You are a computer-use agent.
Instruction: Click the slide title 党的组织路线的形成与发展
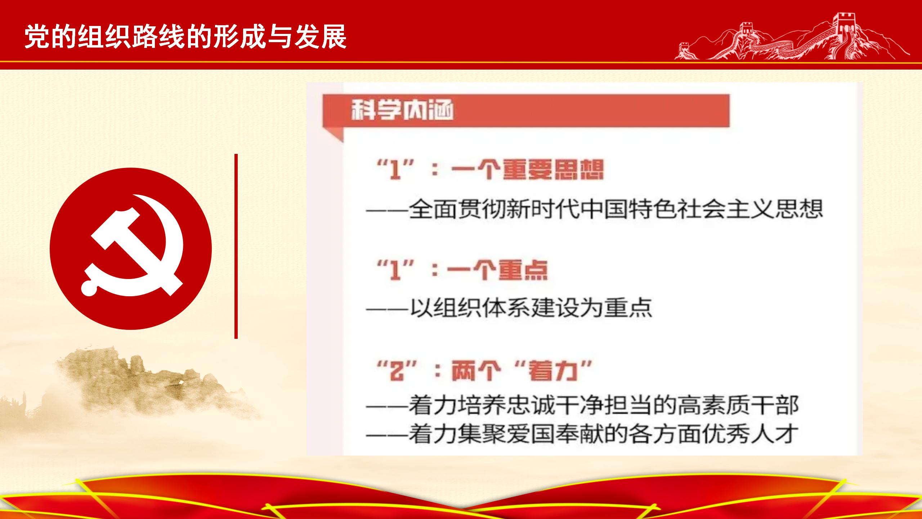pos(185,36)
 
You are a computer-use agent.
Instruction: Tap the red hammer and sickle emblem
pos(131,248)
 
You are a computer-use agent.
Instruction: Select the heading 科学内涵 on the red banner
pos(402,110)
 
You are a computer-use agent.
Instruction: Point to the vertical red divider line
pos(236,246)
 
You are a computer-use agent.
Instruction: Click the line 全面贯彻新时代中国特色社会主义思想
pos(594,209)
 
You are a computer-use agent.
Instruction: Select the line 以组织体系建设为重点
pos(509,308)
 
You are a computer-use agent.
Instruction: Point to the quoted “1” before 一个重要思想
pos(395,169)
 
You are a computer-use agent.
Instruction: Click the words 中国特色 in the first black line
pos(628,209)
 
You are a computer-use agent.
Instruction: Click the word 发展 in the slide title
pos(320,36)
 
